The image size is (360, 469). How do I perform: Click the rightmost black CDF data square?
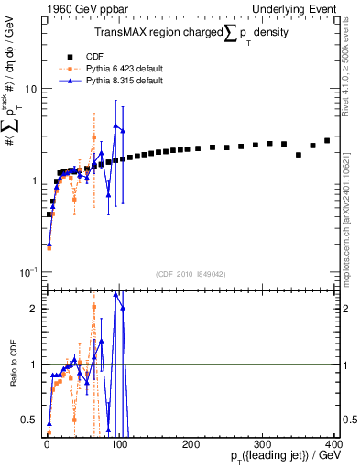[x=327, y=140]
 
